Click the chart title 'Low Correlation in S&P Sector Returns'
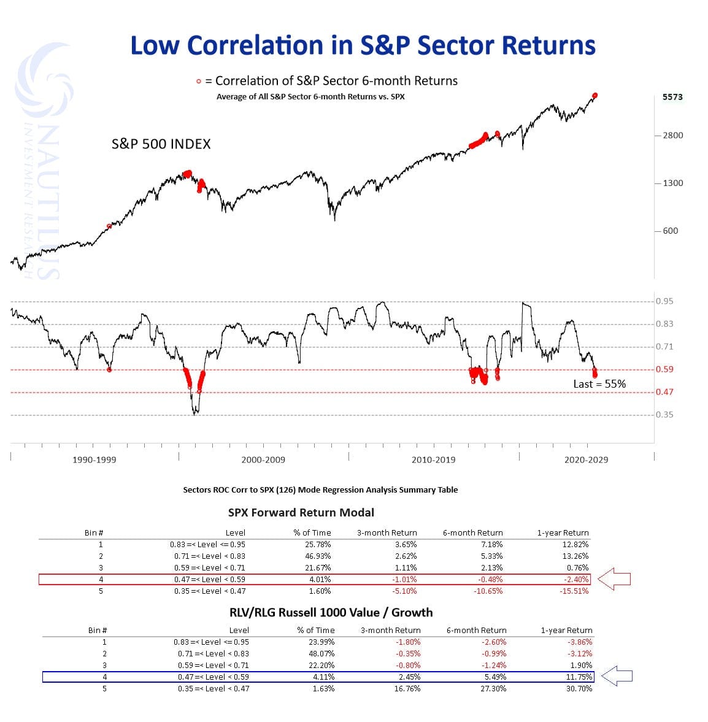click(363, 46)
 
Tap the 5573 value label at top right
click(672, 97)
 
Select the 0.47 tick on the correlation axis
click(664, 392)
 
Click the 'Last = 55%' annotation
click(599, 384)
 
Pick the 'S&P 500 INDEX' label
click(161, 144)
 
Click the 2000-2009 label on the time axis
click(263, 459)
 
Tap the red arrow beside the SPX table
click(614, 578)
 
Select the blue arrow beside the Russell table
click(617, 677)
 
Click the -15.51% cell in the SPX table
click(574, 591)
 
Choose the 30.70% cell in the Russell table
click(579, 688)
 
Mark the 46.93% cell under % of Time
click(317, 556)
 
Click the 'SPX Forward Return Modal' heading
click(301, 512)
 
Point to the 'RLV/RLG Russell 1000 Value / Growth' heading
click(331, 612)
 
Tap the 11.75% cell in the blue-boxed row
click(579, 677)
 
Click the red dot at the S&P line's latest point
click(594, 96)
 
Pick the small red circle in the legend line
click(198, 82)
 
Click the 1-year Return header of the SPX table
click(563, 532)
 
